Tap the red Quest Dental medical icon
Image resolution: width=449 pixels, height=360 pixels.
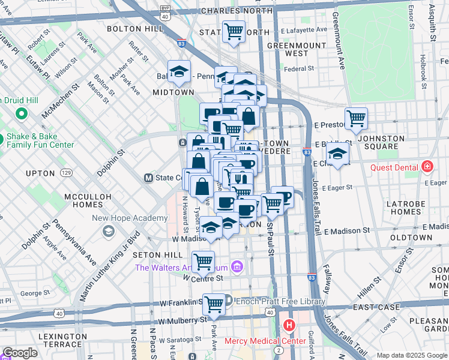(427, 166)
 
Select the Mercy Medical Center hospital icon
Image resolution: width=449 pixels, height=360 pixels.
(289, 326)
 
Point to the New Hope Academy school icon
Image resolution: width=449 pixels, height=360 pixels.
(109, 232)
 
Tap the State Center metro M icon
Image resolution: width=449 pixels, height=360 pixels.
(148, 178)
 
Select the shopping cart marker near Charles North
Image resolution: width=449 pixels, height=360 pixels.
(234, 31)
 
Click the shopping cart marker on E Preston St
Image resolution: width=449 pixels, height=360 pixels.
(357, 119)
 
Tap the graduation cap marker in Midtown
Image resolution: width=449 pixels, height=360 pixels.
(179, 72)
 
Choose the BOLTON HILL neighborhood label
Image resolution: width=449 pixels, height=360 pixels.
(131, 28)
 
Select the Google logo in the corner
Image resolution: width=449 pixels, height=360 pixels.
(20, 353)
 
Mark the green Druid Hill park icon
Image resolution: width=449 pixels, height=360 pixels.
(22, 113)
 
